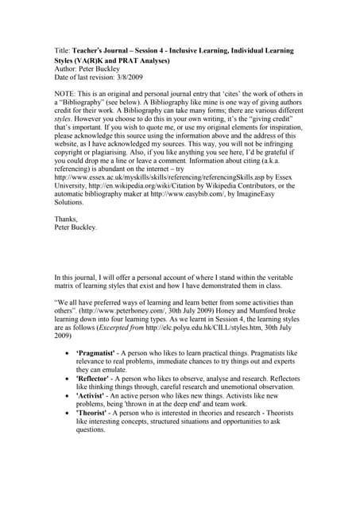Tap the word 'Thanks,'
click(66, 220)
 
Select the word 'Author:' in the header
click(66, 68)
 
